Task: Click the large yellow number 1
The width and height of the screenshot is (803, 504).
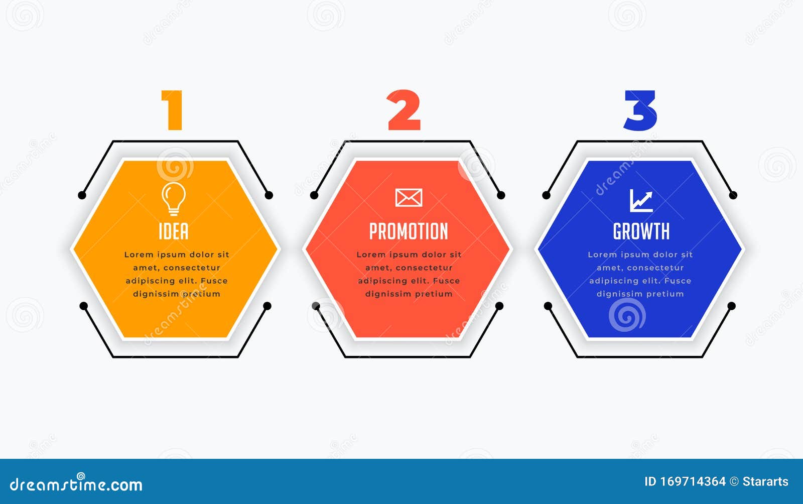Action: (x=172, y=110)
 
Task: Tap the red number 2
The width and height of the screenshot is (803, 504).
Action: (x=404, y=110)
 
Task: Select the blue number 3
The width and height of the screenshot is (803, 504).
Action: (x=640, y=110)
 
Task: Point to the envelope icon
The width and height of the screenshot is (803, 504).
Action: (x=409, y=198)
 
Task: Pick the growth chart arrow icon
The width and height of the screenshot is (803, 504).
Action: (x=641, y=200)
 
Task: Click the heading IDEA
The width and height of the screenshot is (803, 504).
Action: (x=174, y=231)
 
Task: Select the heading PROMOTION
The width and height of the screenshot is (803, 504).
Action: (x=409, y=231)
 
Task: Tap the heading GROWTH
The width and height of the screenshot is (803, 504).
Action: (x=641, y=231)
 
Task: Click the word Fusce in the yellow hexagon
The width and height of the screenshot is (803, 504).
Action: (x=214, y=281)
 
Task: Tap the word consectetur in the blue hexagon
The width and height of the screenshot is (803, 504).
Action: (x=655, y=268)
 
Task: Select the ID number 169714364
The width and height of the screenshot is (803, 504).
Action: (x=692, y=482)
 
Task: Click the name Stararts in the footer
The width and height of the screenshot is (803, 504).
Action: (x=765, y=482)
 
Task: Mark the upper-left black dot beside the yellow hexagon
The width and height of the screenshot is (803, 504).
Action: (x=82, y=195)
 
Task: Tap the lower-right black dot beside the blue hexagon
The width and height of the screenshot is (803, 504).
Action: (x=731, y=306)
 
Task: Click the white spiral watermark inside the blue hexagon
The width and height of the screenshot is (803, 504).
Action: (x=627, y=315)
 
